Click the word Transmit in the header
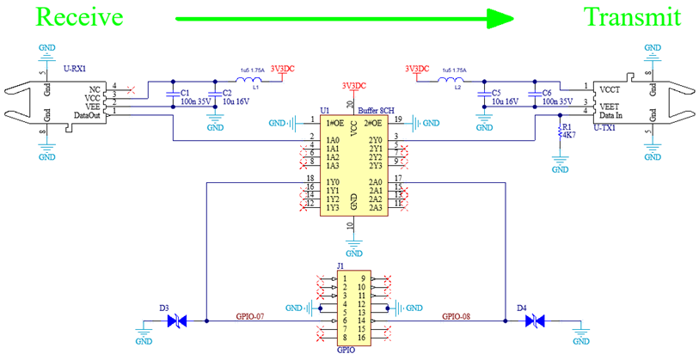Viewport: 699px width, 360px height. pyautogui.click(x=632, y=17)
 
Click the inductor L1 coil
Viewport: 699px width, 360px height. pyautogui.click(x=250, y=81)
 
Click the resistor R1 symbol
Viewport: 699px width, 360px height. pyautogui.click(x=560, y=133)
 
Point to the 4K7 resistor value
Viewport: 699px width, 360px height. pyautogui.click(x=568, y=137)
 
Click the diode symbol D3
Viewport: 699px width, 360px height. pyautogui.click(x=176, y=320)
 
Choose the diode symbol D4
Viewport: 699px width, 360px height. pyautogui.click(x=534, y=320)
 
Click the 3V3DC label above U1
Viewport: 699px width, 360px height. pyautogui.click(x=354, y=86)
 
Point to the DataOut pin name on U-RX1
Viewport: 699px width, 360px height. pyautogui.click(x=89, y=113)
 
